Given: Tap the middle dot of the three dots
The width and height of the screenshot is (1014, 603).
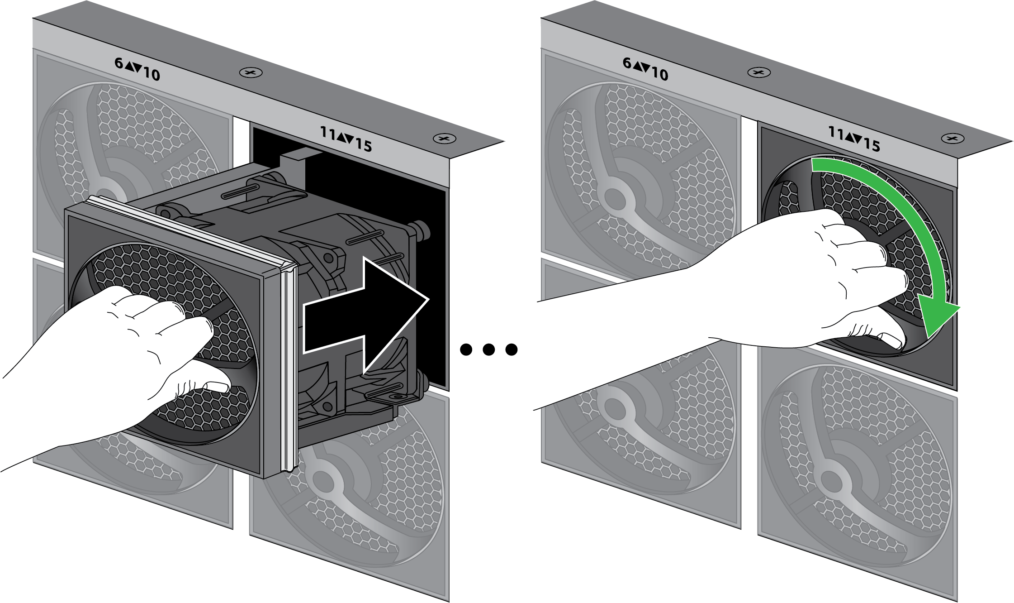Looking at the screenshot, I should (x=488, y=349).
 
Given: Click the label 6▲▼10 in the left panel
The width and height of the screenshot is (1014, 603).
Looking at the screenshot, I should (x=137, y=69).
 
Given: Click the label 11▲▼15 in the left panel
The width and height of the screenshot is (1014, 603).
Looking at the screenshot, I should (x=346, y=139).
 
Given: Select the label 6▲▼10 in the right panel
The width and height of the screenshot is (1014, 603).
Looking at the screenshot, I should (x=645, y=69).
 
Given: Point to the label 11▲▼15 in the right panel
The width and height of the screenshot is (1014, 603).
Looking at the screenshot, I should (x=854, y=139).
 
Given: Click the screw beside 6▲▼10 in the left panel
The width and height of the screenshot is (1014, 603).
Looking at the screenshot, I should (x=251, y=72).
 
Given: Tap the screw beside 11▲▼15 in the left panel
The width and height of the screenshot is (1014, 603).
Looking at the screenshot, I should (x=444, y=139).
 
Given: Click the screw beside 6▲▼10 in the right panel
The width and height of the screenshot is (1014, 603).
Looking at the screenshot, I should (x=759, y=72).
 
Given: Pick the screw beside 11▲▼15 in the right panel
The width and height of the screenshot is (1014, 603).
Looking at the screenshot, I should (x=952, y=139).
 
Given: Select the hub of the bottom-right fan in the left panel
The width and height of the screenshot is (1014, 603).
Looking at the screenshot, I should (x=322, y=480).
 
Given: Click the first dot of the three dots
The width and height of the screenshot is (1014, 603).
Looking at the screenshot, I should (x=466, y=349).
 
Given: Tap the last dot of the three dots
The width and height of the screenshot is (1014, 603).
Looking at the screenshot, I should (x=512, y=349).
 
